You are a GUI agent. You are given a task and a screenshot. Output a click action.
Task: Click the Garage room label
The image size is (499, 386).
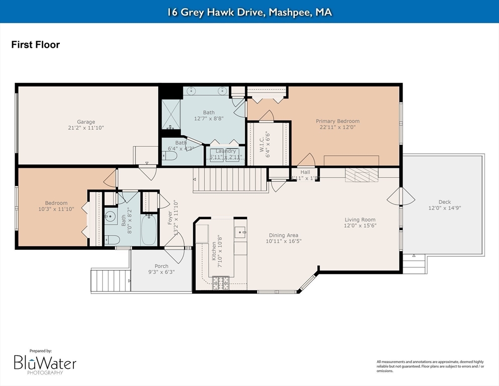(x=86, y=122)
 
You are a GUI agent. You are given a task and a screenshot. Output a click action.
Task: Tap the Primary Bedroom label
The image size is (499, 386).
(x=337, y=121)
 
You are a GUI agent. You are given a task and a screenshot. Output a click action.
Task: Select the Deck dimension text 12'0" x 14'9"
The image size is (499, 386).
(x=444, y=208)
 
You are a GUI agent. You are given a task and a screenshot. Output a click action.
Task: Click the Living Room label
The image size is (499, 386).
(x=359, y=220)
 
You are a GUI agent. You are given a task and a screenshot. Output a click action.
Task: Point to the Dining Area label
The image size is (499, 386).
(x=284, y=235)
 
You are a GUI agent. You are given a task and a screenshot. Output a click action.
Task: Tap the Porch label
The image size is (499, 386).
(x=161, y=266)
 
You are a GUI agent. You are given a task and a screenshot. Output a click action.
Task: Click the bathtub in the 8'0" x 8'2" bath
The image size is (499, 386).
(x=149, y=230)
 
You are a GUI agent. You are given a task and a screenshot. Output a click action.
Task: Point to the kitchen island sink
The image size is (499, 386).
(x=239, y=232)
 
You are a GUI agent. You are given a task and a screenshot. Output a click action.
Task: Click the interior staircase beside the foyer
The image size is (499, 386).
(x=230, y=179)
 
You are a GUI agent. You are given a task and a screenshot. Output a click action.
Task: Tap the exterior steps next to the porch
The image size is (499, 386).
(x=110, y=280)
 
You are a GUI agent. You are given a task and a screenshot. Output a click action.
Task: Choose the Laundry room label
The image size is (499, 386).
(x=226, y=151)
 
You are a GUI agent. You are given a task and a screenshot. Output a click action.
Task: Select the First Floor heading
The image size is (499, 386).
(x=36, y=45)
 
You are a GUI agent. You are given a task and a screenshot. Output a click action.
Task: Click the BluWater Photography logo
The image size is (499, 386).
(x=45, y=363)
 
